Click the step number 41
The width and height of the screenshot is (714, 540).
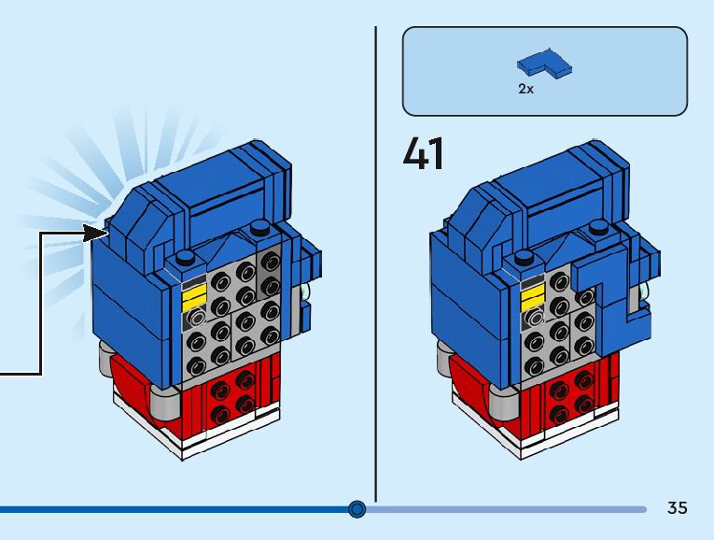pyautogui.click(x=424, y=154)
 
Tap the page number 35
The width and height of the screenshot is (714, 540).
pyautogui.click(x=677, y=508)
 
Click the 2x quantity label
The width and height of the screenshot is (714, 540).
pyautogui.click(x=525, y=91)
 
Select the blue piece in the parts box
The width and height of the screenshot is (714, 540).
pyautogui.click(x=545, y=64)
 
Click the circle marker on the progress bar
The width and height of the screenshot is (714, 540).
pyautogui.click(x=357, y=509)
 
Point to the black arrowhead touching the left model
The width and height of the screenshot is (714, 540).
pyautogui.click(x=95, y=233)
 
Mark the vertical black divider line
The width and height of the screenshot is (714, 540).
pyautogui.click(x=375, y=262)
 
